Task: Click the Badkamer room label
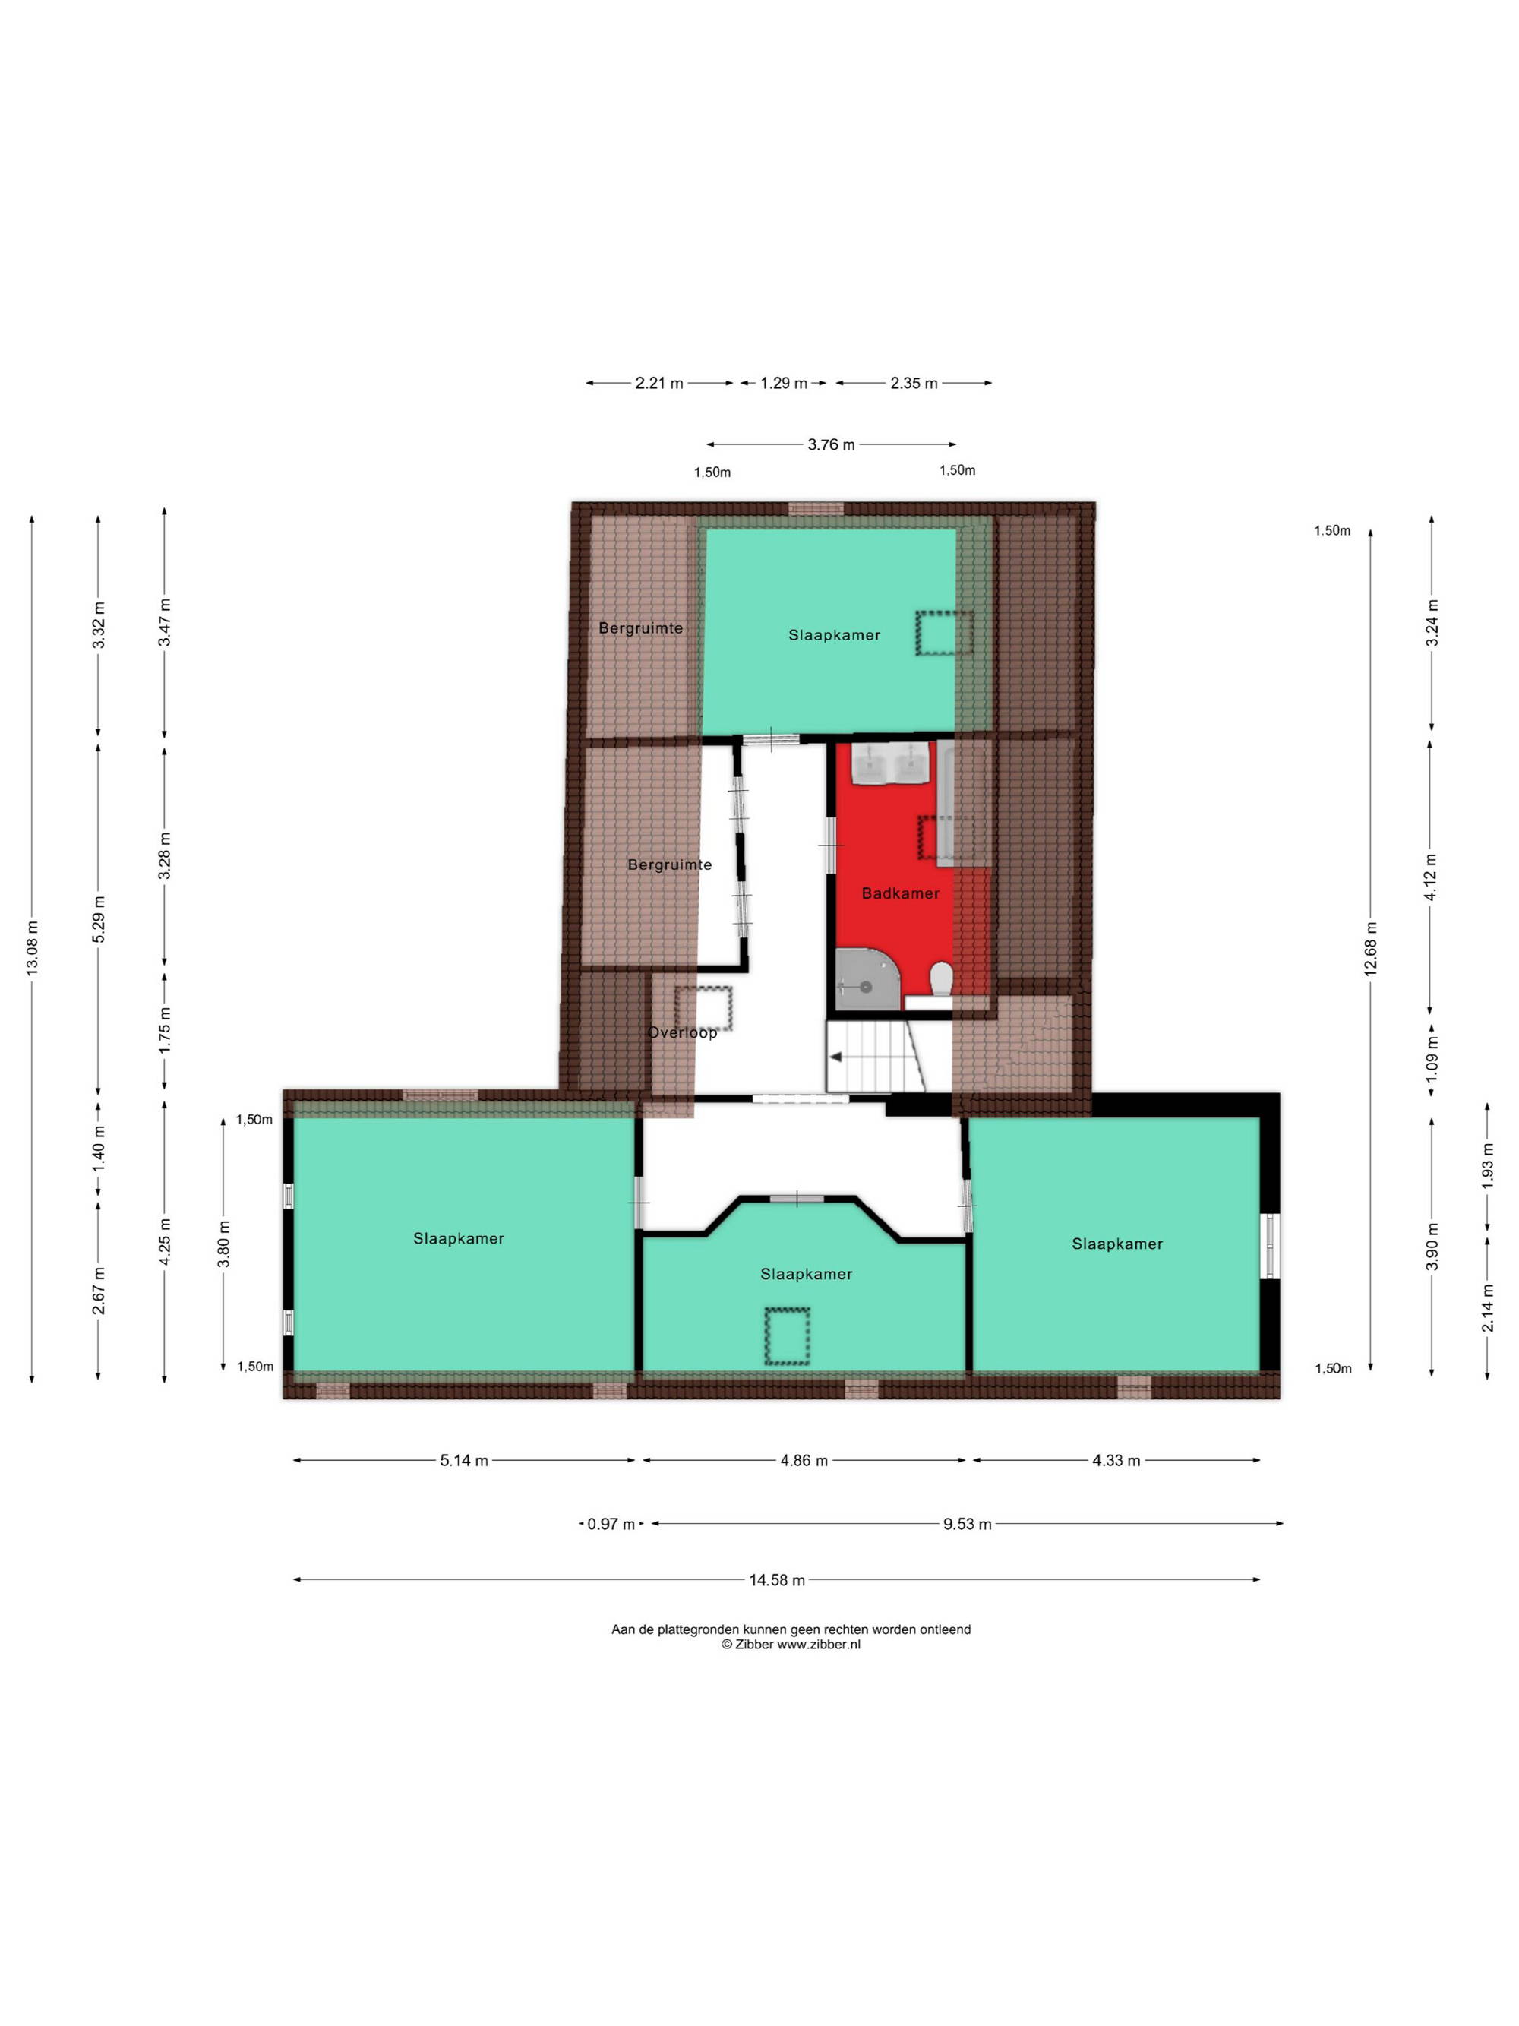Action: click(x=899, y=893)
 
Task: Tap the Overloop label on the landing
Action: click(x=682, y=1032)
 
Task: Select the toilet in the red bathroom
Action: click(x=941, y=978)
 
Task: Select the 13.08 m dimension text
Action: click(x=33, y=947)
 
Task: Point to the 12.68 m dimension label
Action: click(x=1371, y=948)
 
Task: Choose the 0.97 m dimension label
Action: click(x=611, y=1524)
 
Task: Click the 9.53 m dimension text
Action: click(x=968, y=1524)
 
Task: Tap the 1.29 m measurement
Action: click(x=784, y=383)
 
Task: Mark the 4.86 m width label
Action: click(x=804, y=1461)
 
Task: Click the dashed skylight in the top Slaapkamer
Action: click(x=945, y=633)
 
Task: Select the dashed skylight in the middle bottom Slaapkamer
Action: click(x=787, y=1336)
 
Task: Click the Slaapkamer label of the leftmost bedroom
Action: click(x=459, y=1238)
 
